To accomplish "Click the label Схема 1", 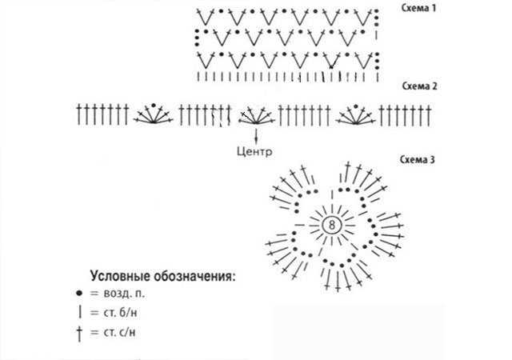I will click(x=418, y=9).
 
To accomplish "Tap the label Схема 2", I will click(x=418, y=86).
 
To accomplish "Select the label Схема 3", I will click(x=417, y=160).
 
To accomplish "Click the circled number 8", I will click(x=331, y=226).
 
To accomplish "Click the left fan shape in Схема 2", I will click(x=153, y=115).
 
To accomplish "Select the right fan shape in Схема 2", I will click(x=357, y=115).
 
